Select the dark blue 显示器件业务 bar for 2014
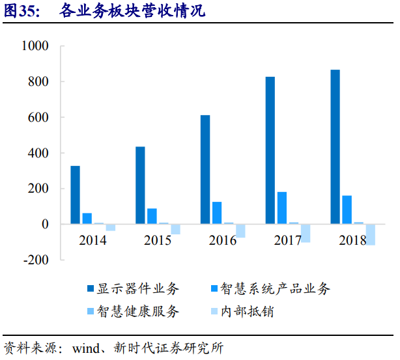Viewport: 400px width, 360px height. click(76, 195)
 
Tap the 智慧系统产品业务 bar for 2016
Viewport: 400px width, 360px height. click(217, 213)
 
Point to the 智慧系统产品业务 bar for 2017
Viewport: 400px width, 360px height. click(282, 208)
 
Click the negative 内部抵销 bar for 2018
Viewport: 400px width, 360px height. click(371, 234)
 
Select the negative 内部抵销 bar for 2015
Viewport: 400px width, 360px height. click(175, 229)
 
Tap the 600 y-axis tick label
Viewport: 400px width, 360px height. click(38, 118)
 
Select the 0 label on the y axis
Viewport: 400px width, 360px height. click(45, 225)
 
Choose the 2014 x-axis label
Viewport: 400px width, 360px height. click(93, 240)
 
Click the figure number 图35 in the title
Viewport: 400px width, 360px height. click(21, 11)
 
